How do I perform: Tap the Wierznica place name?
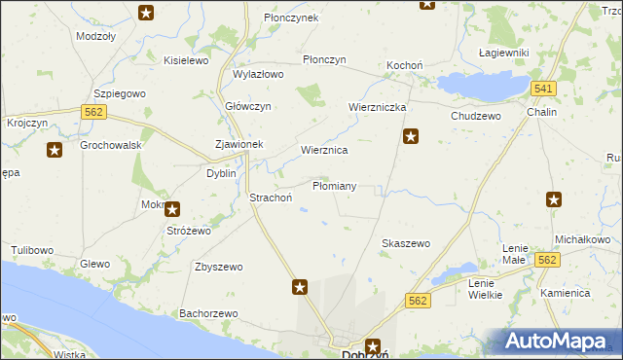pos(324,151)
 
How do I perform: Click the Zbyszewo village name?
pos(218,267)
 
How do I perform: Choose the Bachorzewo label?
pos(208,313)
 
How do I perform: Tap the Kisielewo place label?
pos(187,60)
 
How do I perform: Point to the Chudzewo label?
pos(475,116)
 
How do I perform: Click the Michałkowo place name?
pos(582,239)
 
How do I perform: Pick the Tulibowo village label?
pos(32,250)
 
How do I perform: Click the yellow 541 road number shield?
pos(544,90)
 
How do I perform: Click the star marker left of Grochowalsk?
pos(55,150)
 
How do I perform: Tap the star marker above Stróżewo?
pos(172,208)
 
